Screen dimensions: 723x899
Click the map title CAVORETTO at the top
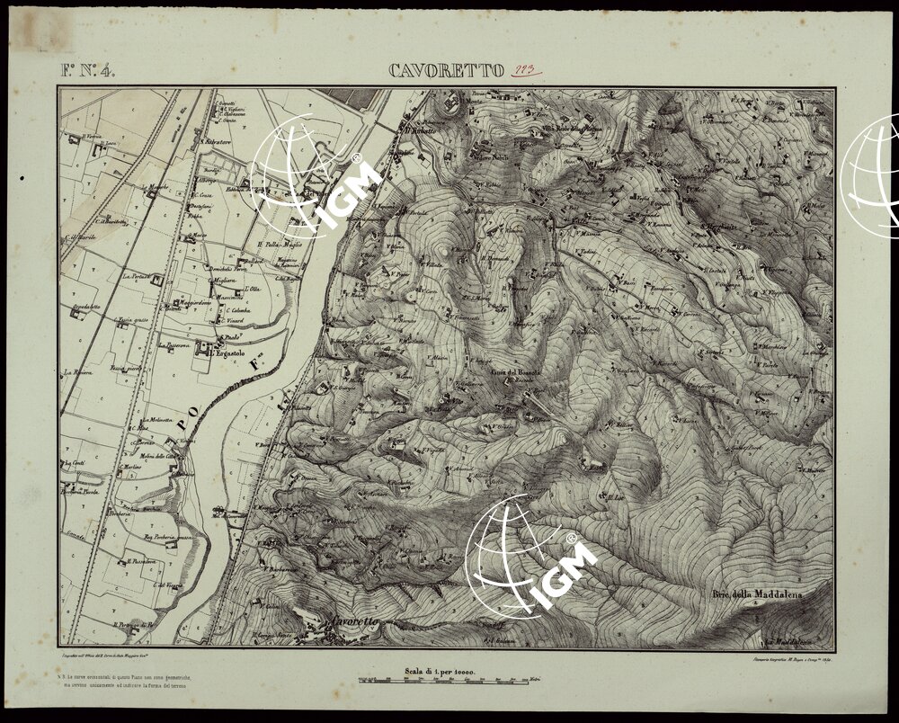(x=445, y=71)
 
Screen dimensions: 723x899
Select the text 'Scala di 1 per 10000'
(x=440, y=671)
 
